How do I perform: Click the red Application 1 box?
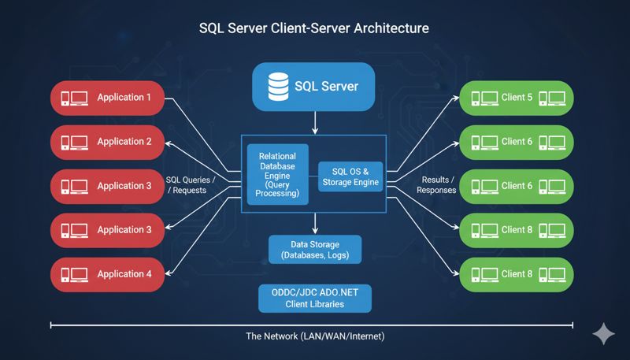107,98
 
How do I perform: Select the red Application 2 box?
107,142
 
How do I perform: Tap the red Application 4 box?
107,274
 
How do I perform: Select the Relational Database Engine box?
277,174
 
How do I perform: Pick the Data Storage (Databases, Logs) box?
315,250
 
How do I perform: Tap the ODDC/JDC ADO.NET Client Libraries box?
315,298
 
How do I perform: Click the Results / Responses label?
435,184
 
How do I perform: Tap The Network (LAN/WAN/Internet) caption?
315,336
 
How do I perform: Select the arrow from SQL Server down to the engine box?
315,121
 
